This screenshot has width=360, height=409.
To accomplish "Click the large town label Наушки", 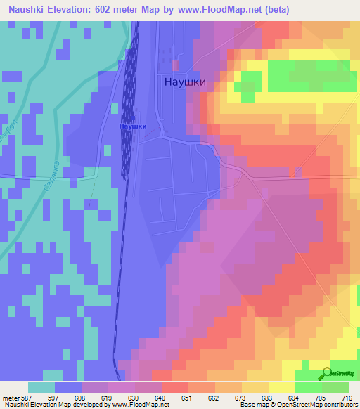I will click(x=185, y=81).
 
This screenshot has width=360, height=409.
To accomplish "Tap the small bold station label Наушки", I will click(x=132, y=126).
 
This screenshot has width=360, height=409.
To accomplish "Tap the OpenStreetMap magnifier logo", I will click(x=326, y=372).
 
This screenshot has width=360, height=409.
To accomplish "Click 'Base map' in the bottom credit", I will click(x=252, y=405).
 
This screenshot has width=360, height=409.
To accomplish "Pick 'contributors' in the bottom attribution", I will click(x=341, y=405).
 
